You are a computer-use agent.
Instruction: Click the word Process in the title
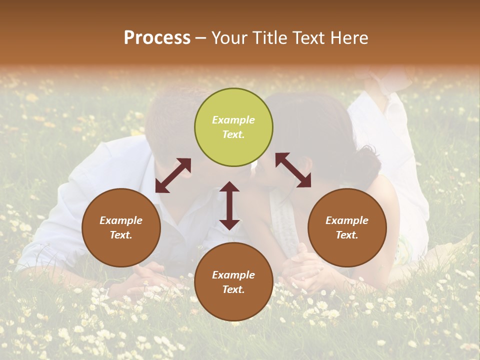[157, 38]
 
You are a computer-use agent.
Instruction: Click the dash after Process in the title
[201, 38]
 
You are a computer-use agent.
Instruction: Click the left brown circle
[121, 227]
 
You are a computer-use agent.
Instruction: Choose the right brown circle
[347, 227]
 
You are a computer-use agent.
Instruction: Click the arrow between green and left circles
[173, 175]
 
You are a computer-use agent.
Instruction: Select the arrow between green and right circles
[293, 170]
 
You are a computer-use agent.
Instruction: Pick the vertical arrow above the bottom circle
[229, 205]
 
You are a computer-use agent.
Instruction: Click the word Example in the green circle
[233, 120]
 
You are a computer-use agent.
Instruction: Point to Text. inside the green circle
[233, 134]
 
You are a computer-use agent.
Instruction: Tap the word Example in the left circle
[121, 220]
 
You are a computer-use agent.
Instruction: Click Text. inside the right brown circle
[347, 235]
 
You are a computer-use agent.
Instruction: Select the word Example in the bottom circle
[233, 275]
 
